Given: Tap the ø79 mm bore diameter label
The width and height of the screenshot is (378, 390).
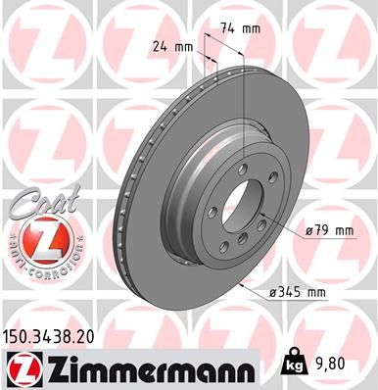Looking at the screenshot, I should tap(328, 230).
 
